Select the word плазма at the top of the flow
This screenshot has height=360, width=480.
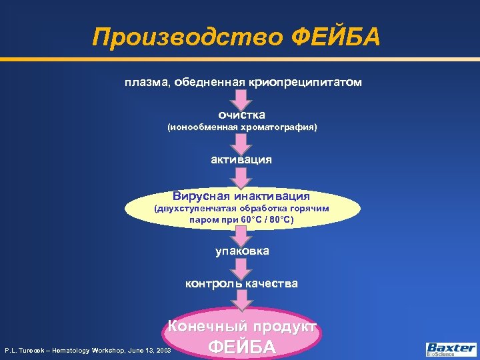(x=145, y=82)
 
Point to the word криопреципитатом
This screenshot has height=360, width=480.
(x=305, y=82)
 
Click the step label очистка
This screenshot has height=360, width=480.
(x=241, y=115)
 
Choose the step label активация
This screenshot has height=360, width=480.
(x=241, y=159)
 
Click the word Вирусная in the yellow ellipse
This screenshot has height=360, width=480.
(x=201, y=196)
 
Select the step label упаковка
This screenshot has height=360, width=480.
(x=242, y=251)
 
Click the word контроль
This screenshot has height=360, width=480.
(x=213, y=283)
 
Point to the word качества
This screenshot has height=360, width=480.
(x=271, y=283)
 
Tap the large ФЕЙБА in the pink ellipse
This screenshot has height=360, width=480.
(x=242, y=347)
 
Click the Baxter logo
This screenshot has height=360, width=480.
(x=451, y=349)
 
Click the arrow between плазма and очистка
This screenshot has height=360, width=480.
(x=241, y=98)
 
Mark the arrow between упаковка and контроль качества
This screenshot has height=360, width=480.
(x=241, y=267)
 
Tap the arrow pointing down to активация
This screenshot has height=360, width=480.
(x=241, y=142)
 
